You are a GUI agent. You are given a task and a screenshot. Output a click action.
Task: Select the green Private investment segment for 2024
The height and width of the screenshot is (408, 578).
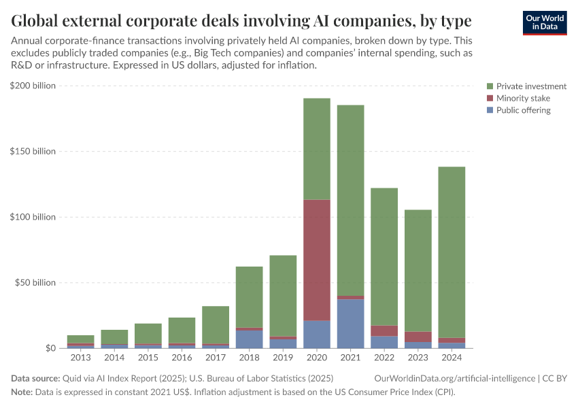[452, 252]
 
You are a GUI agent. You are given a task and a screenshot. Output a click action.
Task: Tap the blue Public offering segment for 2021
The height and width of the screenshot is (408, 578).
[350, 324]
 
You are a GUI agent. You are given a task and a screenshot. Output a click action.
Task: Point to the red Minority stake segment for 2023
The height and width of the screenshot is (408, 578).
[418, 337]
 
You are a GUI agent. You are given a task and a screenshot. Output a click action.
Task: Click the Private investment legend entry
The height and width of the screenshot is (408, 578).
[530, 86]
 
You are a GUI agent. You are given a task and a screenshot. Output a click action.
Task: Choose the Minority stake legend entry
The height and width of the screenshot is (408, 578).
[523, 99]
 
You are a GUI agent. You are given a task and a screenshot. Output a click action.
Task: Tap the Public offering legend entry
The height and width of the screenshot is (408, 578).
[523, 110]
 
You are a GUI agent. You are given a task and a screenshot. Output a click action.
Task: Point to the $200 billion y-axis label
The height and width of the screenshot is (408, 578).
[33, 86]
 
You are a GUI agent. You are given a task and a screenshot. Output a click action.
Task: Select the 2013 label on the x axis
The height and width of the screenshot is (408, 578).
[81, 358]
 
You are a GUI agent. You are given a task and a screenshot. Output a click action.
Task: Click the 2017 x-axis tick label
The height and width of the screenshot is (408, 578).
[216, 358]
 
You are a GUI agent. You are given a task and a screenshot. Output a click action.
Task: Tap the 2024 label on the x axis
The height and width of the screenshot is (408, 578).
[452, 358]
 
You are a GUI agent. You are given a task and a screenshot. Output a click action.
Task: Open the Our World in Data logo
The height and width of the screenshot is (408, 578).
[544, 22]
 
